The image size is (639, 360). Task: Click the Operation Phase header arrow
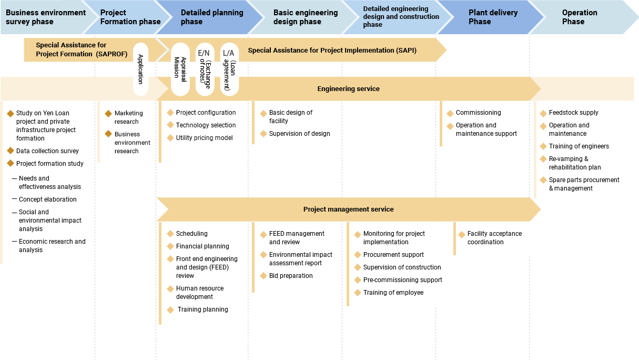click(x=579, y=17)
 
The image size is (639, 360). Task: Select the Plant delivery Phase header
click(x=486, y=17)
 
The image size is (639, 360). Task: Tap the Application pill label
click(x=140, y=69)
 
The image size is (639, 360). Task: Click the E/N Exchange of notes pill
click(x=205, y=69)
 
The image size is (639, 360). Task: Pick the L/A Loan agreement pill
click(x=229, y=69)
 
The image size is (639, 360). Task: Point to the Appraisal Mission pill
click(x=180, y=69)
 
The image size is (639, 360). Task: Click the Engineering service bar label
click(x=348, y=89)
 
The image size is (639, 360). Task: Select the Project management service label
click(x=348, y=209)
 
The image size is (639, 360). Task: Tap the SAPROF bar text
click(x=71, y=49)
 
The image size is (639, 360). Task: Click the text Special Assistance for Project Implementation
click(x=332, y=51)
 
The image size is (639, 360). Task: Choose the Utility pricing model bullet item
click(x=204, y=138)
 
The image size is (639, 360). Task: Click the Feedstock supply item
click(x=573, y=113)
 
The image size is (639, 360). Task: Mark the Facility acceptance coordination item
click(x=494, y=238)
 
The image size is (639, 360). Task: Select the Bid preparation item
click(x=291, y=276)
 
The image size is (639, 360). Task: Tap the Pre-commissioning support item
click(x=402, y=280)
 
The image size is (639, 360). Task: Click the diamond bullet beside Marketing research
click(x=108, y=114)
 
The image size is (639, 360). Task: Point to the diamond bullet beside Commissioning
click(x=450, y=113)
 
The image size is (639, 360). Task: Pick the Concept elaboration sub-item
click(x=47, y=199)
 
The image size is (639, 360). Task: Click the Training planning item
click(x=202, y=309)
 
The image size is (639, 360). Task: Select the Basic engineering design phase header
click(x=305, y=17)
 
